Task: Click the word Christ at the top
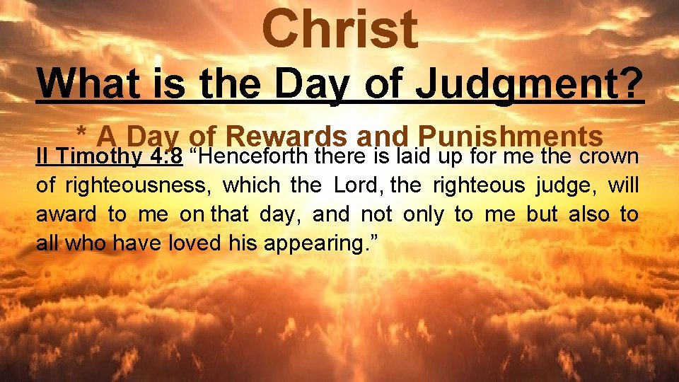coord(339,30)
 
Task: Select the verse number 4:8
coord(167,156)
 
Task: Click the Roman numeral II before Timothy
coord(43,156)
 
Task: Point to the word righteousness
coord(137,185)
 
